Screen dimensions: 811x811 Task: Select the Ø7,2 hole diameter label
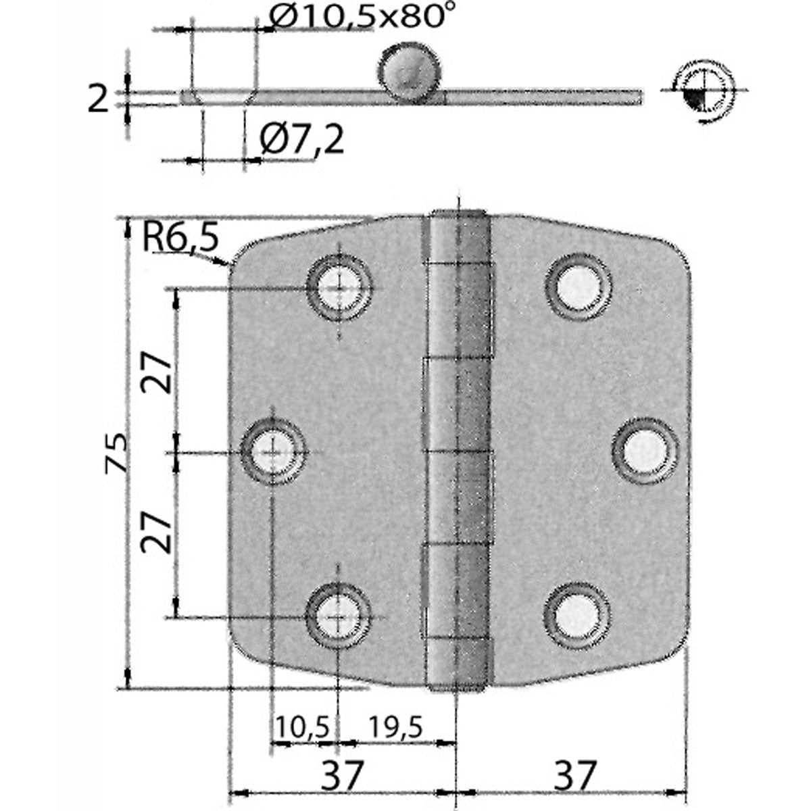pyautogui.click(x=301, y=140)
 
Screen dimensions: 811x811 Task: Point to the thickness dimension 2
pyautogui.click(x=99, y=99)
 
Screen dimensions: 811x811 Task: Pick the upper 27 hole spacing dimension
pyautogui.click(x=156, y=372)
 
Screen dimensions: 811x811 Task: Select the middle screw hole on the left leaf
pyautogui.click(x=274, y=452)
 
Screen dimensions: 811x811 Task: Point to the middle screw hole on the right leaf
pyautogui.click(x=644, y=451)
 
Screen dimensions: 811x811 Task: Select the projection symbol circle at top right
pyautogui.click(x=703, y=89)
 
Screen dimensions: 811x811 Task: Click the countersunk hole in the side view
pyautogui.click(x=223, y=97)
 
